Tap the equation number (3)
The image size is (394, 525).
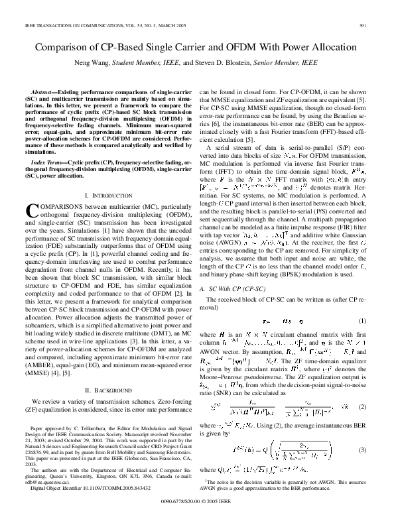tap(363, 450)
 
